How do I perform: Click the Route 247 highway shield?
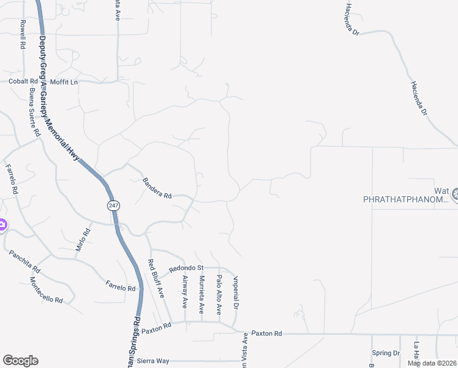pyautogui.click(x=113, y=205)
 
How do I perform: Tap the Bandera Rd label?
pyautogui.click(x=157, y=188)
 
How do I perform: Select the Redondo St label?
pyautogui.click(x=186, y=268)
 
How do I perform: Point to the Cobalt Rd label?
pyautogui.click(x=22, y=82)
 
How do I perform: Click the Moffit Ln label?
pyautogui.click(x=64, y=82)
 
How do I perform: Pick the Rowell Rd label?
pyautogui.click(x=23, y=34)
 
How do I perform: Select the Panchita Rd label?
pyautogui.click(x=24, y=261)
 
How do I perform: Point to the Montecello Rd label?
pyautogui.click(x=46, y=291)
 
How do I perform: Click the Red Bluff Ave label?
pyautogui.click(x=156, y=278)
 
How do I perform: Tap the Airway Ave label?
pyautogui.click(x=186, y=291)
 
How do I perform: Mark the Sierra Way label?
pyautogui.click(x=153, y=361)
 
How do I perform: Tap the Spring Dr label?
pyautogui.click(x=386, y=353)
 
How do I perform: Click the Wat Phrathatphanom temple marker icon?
pyautogui.click(x=456, y=195)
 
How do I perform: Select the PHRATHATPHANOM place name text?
pyautogui.click(x=406, y=199)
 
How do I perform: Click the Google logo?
pyautogui.click(x=20, y=361)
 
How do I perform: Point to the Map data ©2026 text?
pyautogui.click(x=432, y=363)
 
